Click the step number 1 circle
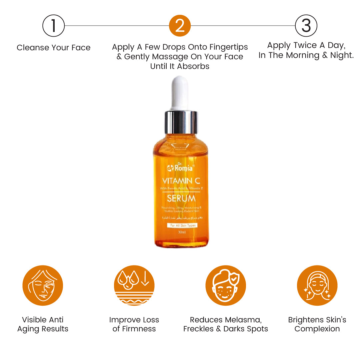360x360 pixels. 53,26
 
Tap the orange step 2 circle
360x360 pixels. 180,26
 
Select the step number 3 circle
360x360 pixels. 306,26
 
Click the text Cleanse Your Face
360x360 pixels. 53,48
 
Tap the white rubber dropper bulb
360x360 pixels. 180,92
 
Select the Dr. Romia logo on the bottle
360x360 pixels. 180,168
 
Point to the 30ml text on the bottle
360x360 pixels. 182,232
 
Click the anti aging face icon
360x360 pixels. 43,285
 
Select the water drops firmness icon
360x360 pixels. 134,285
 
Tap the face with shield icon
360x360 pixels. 225,285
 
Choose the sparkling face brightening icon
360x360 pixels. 317,285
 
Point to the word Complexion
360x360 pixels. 317,329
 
